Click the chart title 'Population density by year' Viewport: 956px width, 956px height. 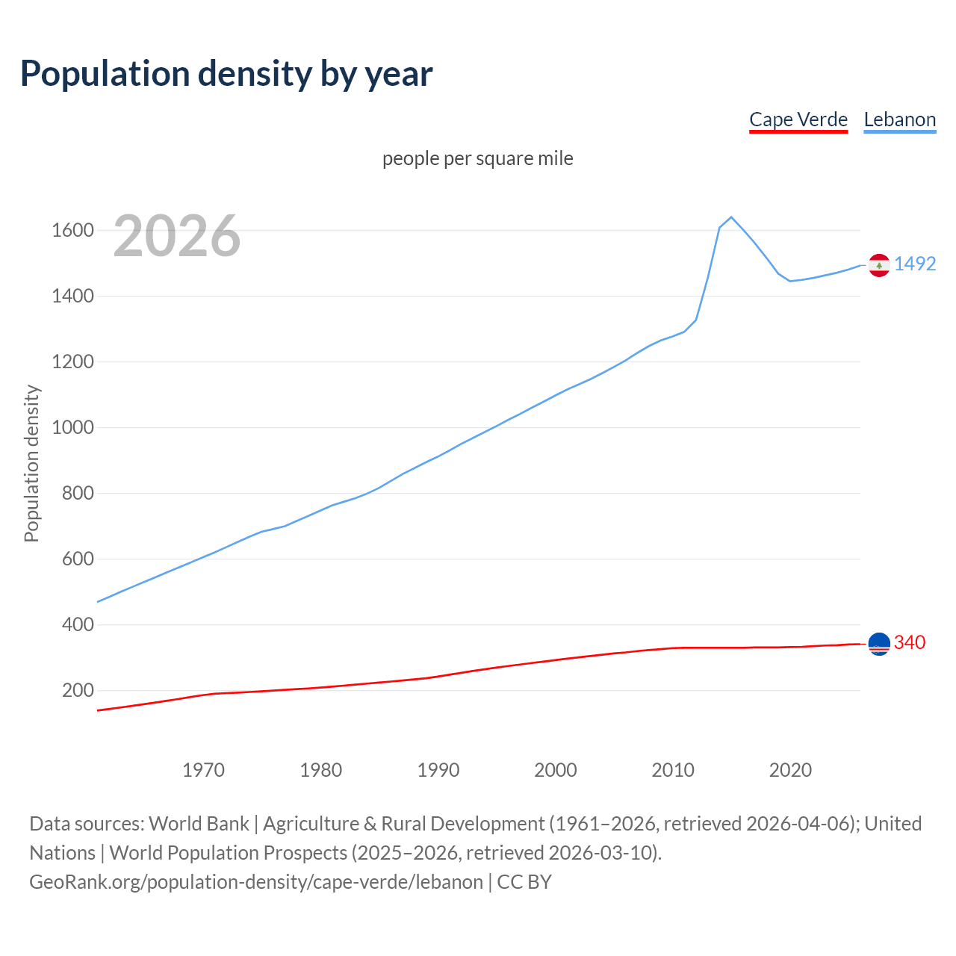click(226, 73)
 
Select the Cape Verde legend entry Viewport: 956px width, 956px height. click(798, 119)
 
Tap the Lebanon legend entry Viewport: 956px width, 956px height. click(899, 119)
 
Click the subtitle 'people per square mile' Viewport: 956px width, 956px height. click(477, 158)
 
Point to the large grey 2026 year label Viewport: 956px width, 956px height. click(177, 236)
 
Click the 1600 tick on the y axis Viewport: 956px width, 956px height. click(72, 230)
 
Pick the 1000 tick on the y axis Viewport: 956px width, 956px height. click(72, 427)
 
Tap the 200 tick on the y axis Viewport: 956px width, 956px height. click(78, 690)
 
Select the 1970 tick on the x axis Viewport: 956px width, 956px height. click(203, 769)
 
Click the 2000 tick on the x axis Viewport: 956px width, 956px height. click(555, 769)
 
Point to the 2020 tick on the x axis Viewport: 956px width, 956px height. click(790, 769)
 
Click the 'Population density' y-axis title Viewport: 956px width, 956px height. click(31, 463)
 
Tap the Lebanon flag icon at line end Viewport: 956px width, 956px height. click(879, 265)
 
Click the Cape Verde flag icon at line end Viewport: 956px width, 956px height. click(879, 643)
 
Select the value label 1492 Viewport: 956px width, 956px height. click(915, 264)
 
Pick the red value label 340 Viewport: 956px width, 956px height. click(910, 642)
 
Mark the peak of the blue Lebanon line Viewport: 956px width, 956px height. click(731, 217)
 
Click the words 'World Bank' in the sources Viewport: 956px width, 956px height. click(199, 823)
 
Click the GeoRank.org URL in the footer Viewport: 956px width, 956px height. click(256, 881)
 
